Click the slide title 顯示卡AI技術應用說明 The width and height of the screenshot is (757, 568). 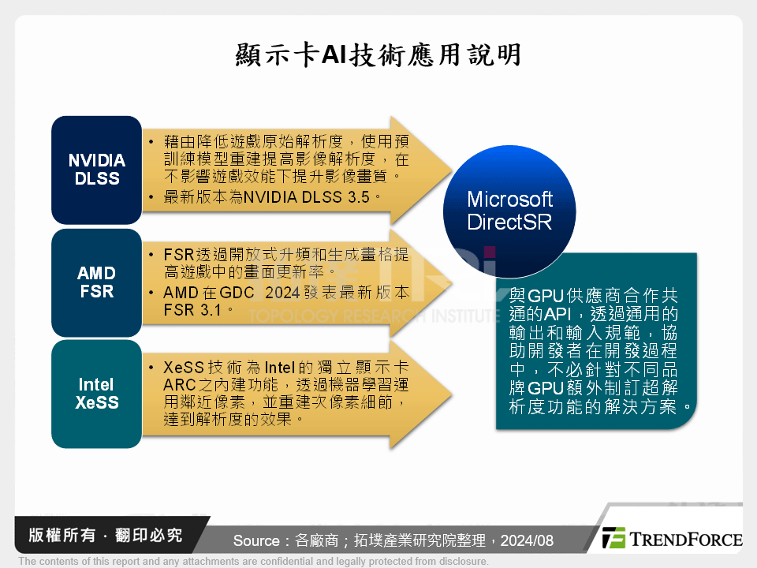click(378, 55)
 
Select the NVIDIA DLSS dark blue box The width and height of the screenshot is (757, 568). click(96, 170)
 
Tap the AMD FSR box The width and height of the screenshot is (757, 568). click(96, 282)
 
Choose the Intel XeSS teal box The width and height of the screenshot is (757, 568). click(96, 394)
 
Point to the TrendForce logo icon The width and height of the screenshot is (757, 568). click(613, 538)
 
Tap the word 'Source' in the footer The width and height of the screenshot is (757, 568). click(257, 540)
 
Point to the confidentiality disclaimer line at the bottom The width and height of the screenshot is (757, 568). click(252, 562)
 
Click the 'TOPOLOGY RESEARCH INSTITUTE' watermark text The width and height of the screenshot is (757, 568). click(375, 316)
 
